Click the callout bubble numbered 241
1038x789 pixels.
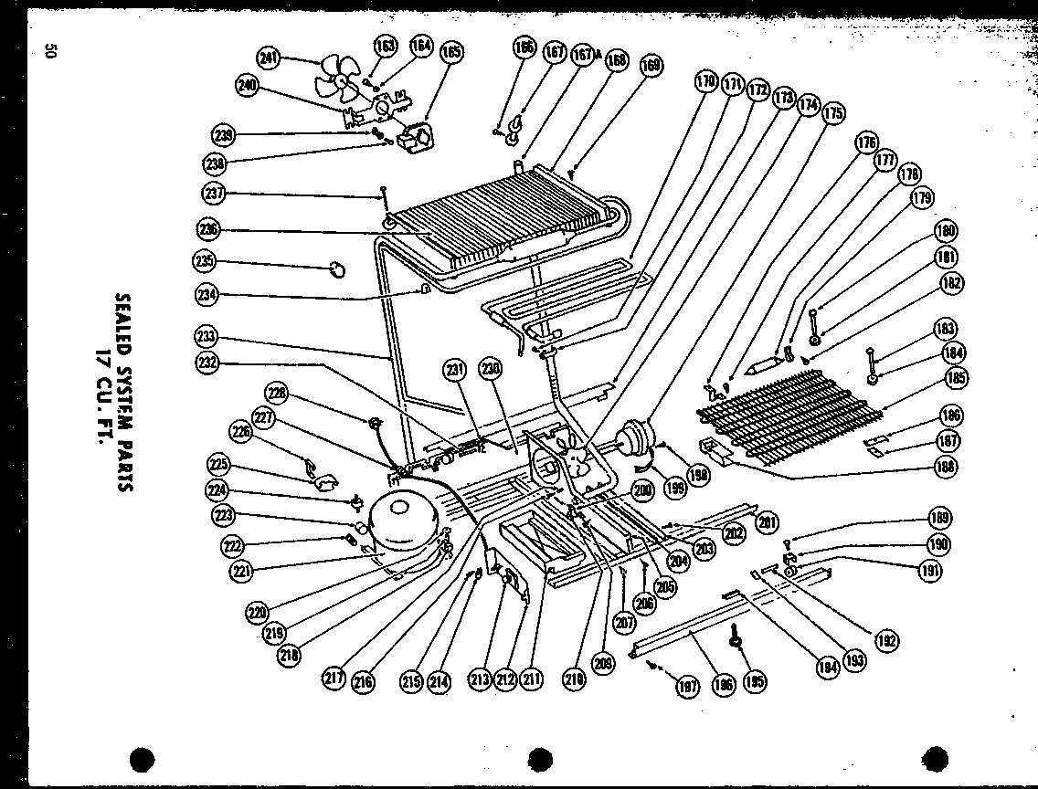coord(268,58)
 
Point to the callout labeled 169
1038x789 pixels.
coord(651,66)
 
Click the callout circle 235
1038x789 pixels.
coord(204,260)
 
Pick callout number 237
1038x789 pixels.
coord(214,193)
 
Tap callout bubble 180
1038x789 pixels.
coord(945,231)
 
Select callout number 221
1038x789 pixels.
coord(242,572)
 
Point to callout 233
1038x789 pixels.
coord(206,335)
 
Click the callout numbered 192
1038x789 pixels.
coord(885,640)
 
